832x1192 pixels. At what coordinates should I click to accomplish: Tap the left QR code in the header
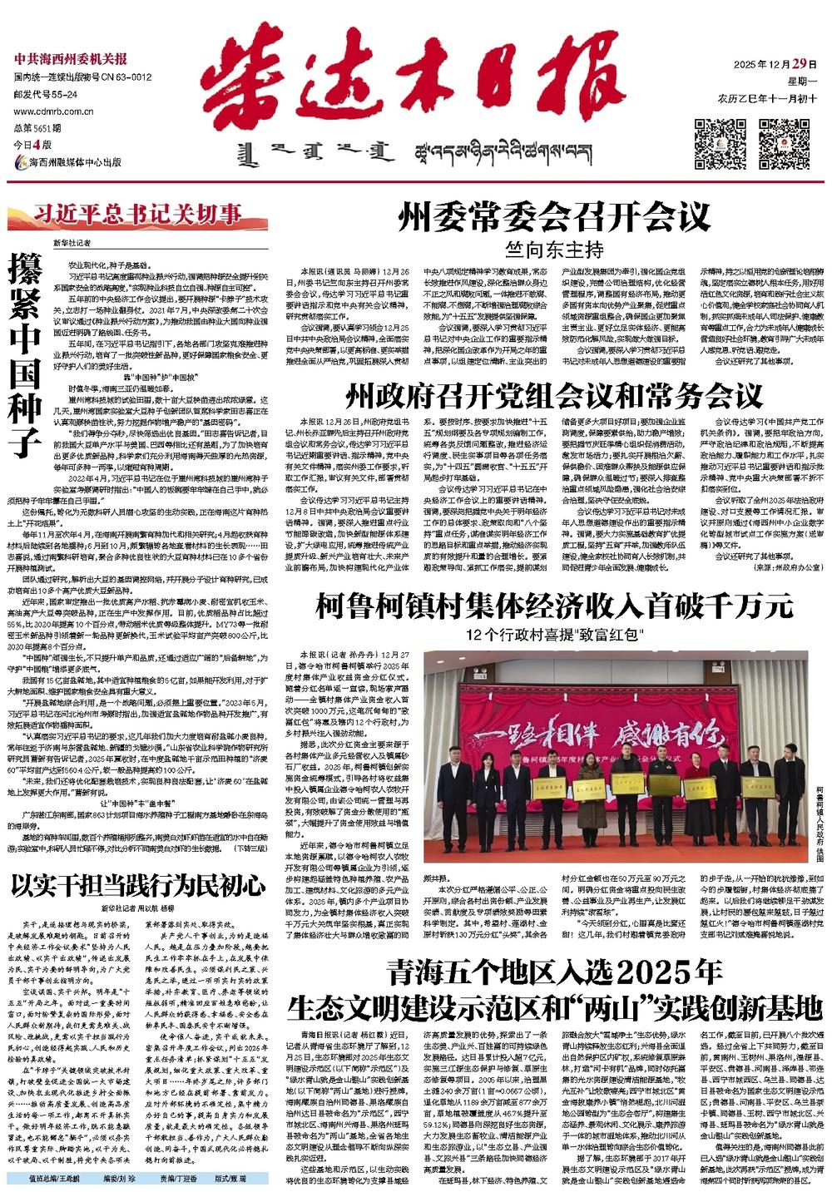(721, 144)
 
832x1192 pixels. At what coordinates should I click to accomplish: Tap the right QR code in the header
(784, 144)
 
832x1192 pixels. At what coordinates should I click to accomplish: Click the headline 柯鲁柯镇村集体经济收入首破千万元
(555, 607)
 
